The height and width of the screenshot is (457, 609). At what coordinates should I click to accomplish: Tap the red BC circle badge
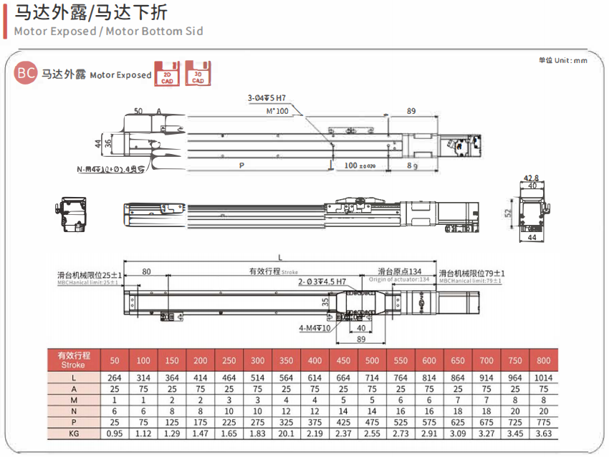(x=26, y=73)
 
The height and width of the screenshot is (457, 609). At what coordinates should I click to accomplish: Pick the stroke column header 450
(x=343, y=360)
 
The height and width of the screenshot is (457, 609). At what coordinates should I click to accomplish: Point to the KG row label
(x=74, y=433)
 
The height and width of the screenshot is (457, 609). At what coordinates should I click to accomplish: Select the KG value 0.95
(x=115, y=433)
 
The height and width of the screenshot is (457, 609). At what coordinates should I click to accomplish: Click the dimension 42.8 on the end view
(x=531, y=178)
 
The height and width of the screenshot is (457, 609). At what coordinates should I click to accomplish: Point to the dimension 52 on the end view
(x=509, y=213)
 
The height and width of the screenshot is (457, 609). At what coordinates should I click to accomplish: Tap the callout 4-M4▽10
(x=315, y=329)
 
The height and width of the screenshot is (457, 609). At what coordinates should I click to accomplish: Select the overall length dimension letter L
(x=279, y=256)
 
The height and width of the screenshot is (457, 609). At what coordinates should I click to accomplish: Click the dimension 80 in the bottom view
(x=147, y=271)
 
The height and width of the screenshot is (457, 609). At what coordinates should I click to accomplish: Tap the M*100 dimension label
(x=277, y=112)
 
